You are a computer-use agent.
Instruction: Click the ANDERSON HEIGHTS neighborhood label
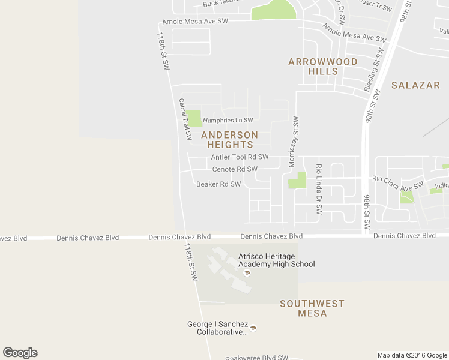point(230,140)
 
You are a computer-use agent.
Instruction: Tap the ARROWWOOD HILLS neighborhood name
point(323,67)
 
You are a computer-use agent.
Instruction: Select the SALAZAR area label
point(415,85)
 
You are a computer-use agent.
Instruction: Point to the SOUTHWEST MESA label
point(312,308)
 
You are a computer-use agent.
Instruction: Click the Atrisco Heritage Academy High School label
point(276,260)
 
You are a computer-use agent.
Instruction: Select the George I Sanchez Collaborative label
point(217,328)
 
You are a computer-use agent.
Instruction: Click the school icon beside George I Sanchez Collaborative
point(253,328)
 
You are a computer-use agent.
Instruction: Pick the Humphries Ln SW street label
point(228,120)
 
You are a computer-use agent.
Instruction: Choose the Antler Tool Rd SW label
point(240,157)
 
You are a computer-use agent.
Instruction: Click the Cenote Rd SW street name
point(235,169)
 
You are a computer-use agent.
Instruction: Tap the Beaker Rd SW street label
point(218,184)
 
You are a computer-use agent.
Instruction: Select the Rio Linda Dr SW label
point(319,190)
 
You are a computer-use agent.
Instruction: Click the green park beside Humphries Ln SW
point(194,118)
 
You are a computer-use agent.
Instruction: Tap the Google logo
point(20,353)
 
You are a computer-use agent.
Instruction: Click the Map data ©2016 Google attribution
point(412,355)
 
